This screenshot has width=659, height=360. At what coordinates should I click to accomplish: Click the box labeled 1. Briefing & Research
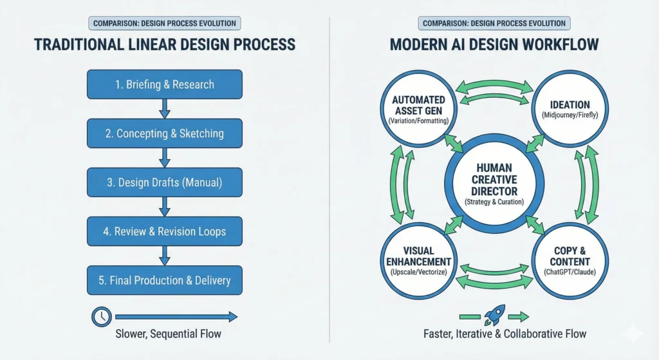(165, 84)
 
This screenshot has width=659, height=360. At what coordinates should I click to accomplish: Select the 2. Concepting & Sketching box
(165, 133)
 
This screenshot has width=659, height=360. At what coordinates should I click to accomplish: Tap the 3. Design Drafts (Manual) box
(165, 183)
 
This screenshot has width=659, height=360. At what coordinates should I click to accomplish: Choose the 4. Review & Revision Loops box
(165, 231)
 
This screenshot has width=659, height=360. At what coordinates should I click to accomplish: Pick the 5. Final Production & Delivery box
(165, 281)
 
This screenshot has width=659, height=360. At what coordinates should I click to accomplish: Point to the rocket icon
(494, 315)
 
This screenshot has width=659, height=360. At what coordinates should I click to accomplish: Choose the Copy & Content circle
(570, 260)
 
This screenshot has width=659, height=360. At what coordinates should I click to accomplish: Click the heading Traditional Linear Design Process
(165, 44)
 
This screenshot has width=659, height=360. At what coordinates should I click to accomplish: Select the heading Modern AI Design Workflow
(494, 44)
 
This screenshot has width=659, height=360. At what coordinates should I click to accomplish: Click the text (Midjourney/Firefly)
(570, 116)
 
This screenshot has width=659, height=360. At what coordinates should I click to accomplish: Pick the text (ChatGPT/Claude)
(570, 273)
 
